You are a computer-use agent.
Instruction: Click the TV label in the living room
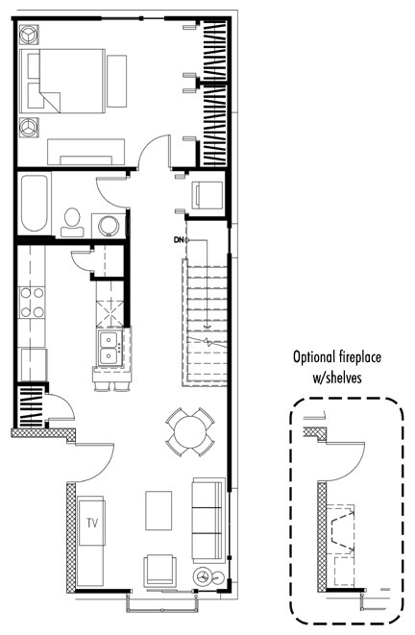(92, 524)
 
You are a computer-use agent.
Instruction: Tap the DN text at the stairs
(178, 239)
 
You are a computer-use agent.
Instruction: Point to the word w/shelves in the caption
(336, 378)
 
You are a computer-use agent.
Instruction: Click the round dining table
(189, 430)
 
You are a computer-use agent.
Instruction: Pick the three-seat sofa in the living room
(208, 520)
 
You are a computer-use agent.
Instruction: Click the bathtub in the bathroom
(34, 204)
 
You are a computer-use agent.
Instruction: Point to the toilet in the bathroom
(71, 219)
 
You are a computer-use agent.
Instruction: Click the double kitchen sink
(108, 347)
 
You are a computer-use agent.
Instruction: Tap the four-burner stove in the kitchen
(34, 301)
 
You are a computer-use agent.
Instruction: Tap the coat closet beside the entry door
(31, 406)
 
